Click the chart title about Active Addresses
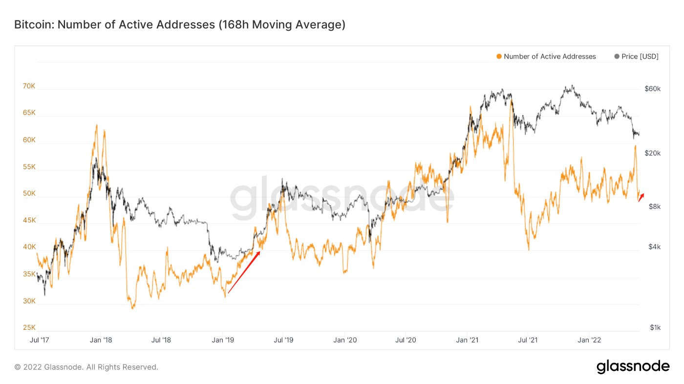[180, 24]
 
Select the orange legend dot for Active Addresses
[499, 57]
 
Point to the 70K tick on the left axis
[29, 86]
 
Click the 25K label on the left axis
[29, 327]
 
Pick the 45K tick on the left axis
[29, 220]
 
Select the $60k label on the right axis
[652, 89]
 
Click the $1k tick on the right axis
[655, 327]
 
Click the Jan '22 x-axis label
[590, 340]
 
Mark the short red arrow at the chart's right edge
[641, 197]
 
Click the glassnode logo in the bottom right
[633, 366]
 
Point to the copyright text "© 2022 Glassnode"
[86, 367]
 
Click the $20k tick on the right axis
[652, 153]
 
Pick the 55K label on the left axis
[29, 166]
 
